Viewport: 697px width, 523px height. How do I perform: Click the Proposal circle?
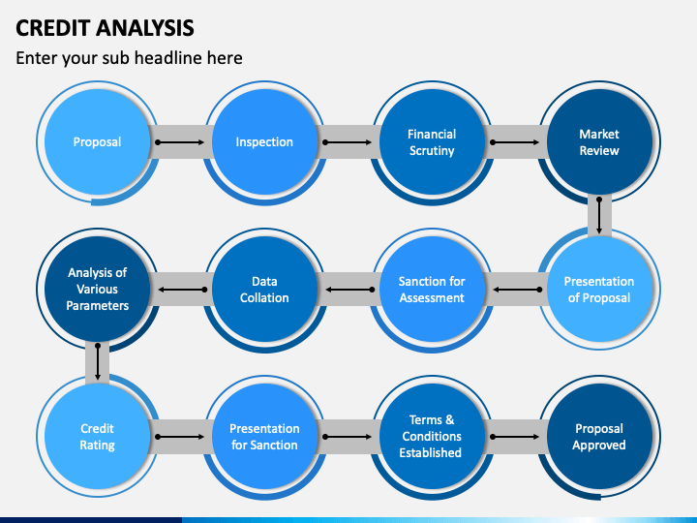coord(97,141)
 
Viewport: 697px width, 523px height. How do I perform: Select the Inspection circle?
coord(264,141)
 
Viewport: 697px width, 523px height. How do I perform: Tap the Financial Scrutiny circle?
coord(432,141)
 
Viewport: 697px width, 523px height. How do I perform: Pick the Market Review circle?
coord(599,141)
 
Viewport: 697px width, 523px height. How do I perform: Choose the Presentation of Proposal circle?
coord(599,289)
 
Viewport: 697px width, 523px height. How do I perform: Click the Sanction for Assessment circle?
coord(432,289)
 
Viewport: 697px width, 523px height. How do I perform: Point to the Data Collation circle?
coord(264,289)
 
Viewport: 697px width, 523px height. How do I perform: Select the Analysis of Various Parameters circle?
coord(97,289)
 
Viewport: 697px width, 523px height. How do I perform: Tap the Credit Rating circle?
coord(97,436)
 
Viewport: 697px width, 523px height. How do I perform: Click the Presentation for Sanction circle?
coord(264,436)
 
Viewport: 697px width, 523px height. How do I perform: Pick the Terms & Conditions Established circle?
coord(432,436)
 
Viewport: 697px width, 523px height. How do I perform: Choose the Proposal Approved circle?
coord(599,436)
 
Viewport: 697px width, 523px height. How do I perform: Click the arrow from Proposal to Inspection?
coord(180,142)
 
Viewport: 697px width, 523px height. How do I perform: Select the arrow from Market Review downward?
coord(599,216)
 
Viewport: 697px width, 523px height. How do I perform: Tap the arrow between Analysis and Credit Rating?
coord(98,362)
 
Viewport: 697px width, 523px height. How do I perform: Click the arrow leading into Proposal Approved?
coord(515,437)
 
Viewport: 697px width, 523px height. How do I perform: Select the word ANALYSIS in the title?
coord(145,28)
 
